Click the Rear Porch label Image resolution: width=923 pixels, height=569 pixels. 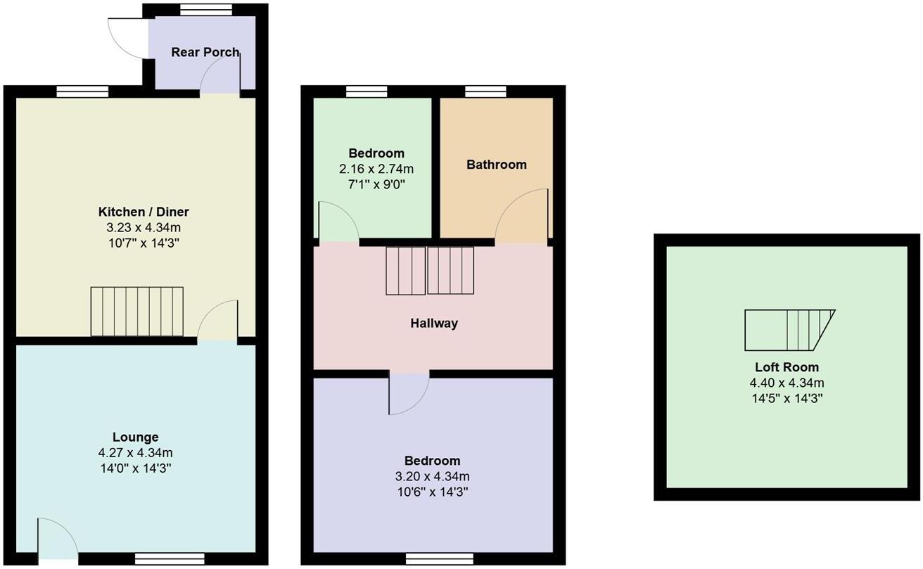(205, 52)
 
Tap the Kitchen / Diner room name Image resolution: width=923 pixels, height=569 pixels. (144, 212)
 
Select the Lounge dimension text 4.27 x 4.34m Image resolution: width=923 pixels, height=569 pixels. (136, 452)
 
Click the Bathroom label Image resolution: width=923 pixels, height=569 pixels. (496, 165)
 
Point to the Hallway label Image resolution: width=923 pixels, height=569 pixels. (434, 324)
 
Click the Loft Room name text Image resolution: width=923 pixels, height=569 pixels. (787, 367)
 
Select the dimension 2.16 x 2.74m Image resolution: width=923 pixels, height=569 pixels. (376, 169)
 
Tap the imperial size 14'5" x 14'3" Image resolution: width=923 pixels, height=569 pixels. (787, 398)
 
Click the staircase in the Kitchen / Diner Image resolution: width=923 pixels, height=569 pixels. (136, 312)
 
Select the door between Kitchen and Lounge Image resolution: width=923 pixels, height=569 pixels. (217, 321)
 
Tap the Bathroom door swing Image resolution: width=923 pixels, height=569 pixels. (522, 215)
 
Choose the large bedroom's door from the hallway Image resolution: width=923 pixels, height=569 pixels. (409, 393)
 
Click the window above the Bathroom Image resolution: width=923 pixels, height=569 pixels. (485, 91)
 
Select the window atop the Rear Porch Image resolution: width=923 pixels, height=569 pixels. (205, 10)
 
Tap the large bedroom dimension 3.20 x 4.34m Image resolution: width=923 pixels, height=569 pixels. (432, 476)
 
